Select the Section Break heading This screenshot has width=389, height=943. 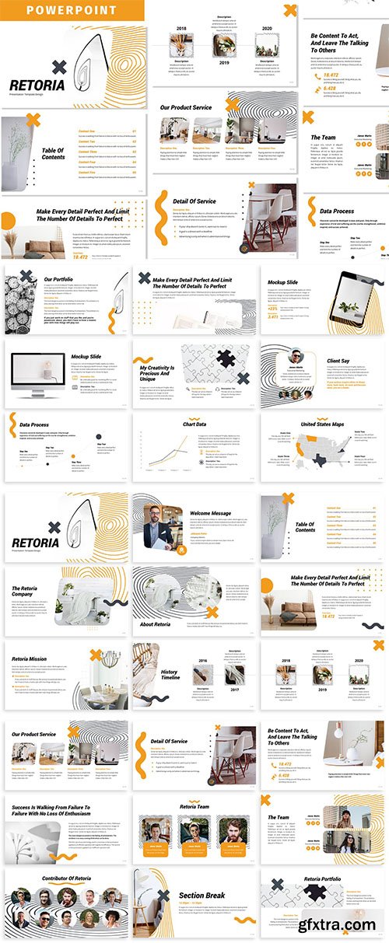click(202, 895)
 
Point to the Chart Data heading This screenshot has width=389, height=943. click(194, 424)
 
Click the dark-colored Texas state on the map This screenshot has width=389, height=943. click(321, 461)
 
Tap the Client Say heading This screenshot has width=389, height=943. click(338, 361)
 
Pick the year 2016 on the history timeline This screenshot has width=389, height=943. click(203, 660)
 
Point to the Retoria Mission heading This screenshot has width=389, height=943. click(29, 658)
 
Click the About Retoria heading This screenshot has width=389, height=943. click(156, 624)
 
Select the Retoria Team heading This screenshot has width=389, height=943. click(194, 807)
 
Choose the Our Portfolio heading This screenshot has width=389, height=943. click(59, 278)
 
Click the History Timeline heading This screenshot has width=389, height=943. click(170, 674)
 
